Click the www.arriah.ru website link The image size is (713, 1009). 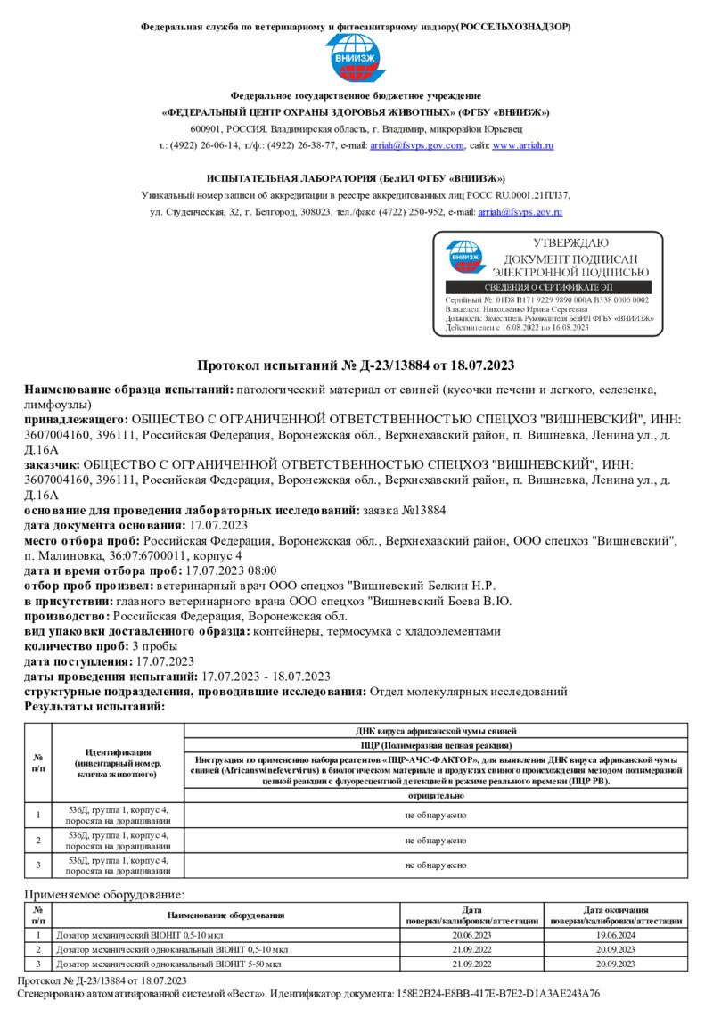pyautogui.click(x=524, y=144)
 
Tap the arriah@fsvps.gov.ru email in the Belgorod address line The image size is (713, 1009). pyautogui.click(x=520, y=212)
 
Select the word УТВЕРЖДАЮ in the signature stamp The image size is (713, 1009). pyautogui.click(x=570, y=242)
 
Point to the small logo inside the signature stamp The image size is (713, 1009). pyautogui.click(x=465, y=258)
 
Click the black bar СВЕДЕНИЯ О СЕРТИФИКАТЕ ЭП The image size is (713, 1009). pyautogui.click(x=547, y=287)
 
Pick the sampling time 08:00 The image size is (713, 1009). pyautogui.click(x=260, y=571)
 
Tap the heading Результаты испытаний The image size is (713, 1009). pyautogui.click(x=94, y=706)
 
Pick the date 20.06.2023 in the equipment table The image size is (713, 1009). pyautogui.click(x=472, y=936)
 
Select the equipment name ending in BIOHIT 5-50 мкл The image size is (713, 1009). pyautogui.click(x=168, y=964)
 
